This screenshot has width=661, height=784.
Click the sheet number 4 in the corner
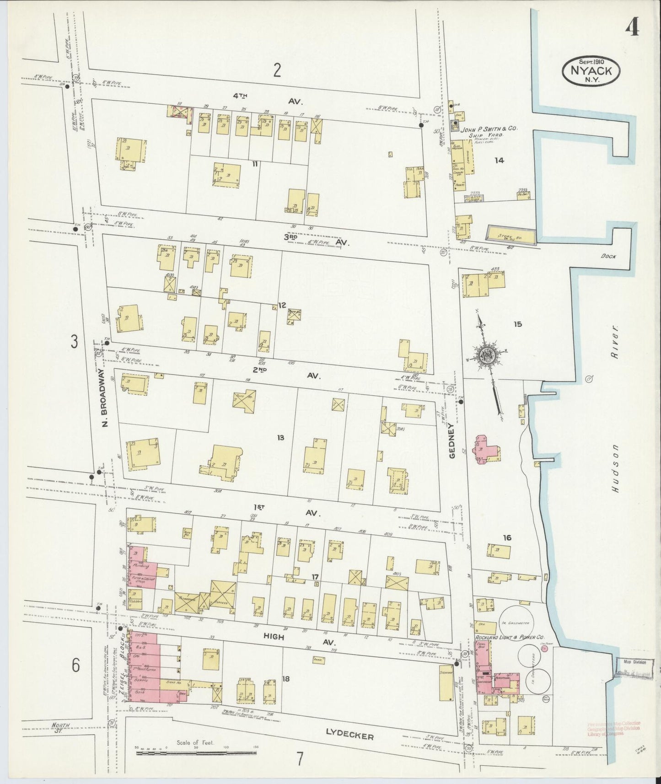click(633, 28)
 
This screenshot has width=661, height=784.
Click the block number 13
click(280, 438)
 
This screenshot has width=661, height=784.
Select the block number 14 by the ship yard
click(499, 160)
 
